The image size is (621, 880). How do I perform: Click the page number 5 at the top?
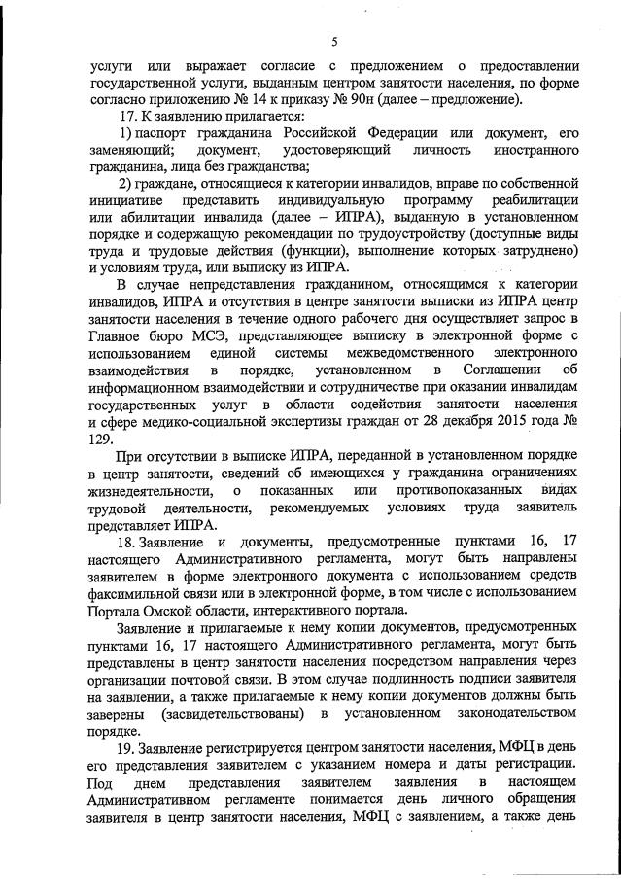(x=333, y=42)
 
